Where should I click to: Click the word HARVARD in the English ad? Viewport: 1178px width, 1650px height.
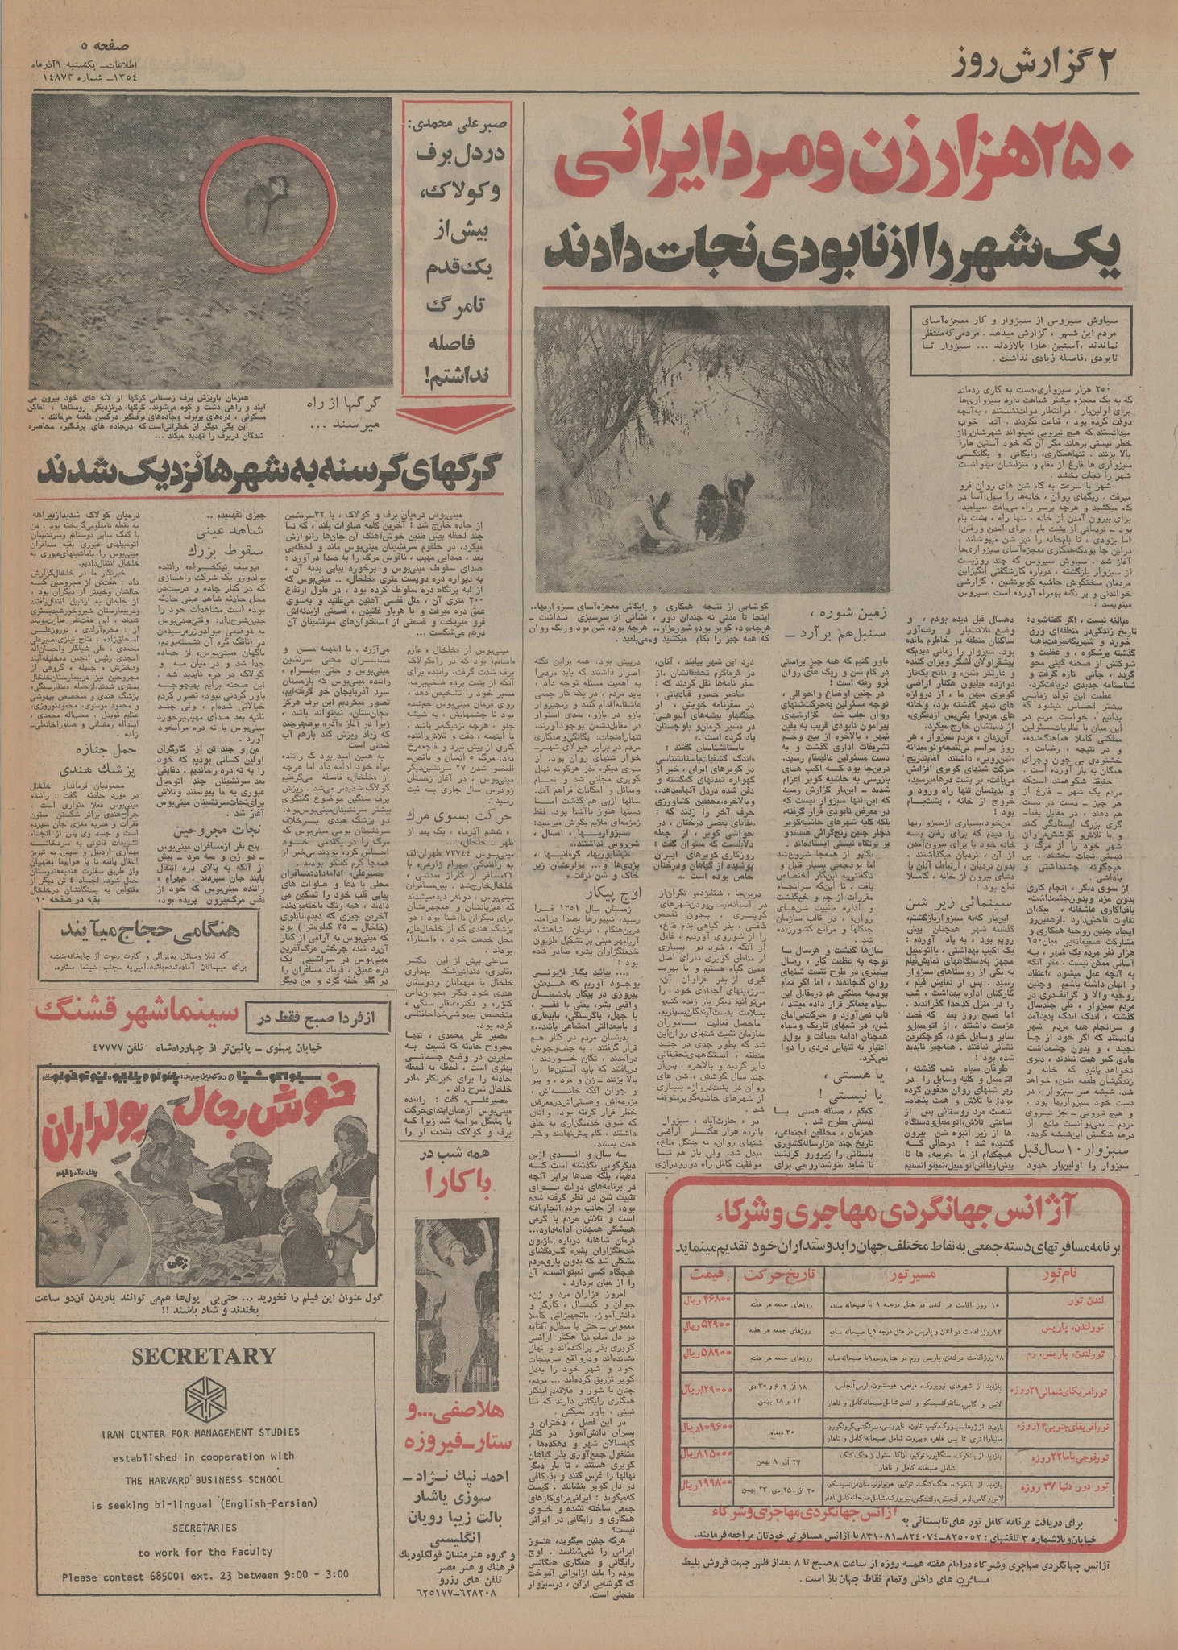pyautogui.click(x=184, y=1479)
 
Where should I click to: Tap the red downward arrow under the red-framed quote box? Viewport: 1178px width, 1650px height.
pyautogui.click(x=455, y=417)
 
